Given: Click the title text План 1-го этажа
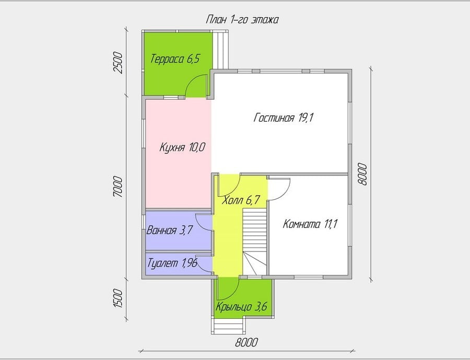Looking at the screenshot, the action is point(242,20).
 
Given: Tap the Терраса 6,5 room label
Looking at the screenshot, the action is point(175,59).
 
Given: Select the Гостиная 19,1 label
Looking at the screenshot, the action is point(283,118).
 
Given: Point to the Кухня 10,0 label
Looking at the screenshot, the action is point(182,147).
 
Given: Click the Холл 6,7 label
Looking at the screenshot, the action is point(240,200).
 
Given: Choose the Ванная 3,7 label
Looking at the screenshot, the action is point(169,231).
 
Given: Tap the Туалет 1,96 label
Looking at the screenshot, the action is point(172,263).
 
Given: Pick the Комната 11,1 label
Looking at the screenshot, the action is point(310,224).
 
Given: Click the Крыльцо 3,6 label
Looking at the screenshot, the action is point(241,307).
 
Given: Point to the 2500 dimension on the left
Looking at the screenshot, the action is point(118,63).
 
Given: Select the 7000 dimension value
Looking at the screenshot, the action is point(118,187).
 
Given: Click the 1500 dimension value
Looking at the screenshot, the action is point(118,298).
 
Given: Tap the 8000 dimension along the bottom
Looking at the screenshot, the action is point(246,342).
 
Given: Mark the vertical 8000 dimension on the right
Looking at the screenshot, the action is point(362,174).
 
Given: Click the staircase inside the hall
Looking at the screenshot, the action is point(254,242).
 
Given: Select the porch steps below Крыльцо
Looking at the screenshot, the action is point(228,327).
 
